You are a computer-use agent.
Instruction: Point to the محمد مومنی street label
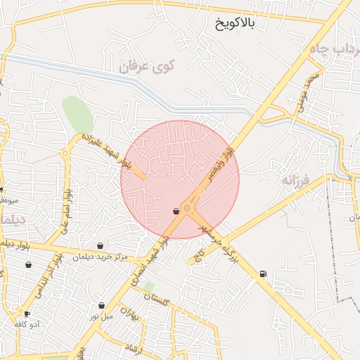pos(309,92)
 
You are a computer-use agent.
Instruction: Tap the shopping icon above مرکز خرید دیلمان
pos(101,245)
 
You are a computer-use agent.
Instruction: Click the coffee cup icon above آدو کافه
pos(27,314)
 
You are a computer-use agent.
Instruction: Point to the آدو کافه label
pos(28,324)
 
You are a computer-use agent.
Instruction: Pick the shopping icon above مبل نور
pos(102,305)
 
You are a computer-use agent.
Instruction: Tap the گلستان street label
pos(156,299)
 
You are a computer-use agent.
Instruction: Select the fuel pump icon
pos(263,274)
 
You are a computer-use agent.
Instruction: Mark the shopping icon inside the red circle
pos(176,211)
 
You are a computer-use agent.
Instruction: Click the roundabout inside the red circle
pos(188,208)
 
